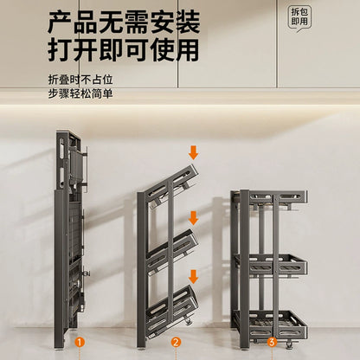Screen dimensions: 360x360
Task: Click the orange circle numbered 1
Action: (80, 343)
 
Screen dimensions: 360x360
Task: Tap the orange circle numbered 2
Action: (176, 343)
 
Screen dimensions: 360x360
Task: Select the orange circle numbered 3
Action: (272, 343)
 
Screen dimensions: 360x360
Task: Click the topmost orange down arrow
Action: (193, 152)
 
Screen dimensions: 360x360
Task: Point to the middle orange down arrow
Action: (193, 218)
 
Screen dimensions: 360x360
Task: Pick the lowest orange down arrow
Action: (193, 277)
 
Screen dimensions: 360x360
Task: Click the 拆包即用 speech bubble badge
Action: (299, 18)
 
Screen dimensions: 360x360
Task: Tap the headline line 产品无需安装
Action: (124, 22)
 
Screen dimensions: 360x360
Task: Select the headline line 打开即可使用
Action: (124, 50)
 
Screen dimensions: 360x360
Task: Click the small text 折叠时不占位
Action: (80, 80)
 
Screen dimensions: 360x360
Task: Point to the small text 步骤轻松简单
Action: (80, 93)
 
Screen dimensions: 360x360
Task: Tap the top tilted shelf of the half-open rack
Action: (172, 185)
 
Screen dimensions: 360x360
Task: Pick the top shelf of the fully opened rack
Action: (271, 199)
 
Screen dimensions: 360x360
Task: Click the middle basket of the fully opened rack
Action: (271, 265)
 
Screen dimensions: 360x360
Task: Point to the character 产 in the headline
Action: (60, 22)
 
